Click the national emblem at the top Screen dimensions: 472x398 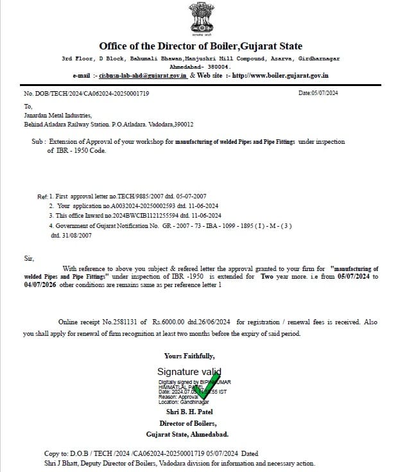pyautogui.click(x=200, y=19)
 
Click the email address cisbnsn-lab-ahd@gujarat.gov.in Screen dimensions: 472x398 pyautogui.click(x=143, y=75)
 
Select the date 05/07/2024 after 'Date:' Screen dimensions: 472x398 pyautogui.click(x=324, y=93)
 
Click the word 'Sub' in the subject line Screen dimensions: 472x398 pyautogui.click(x=36, y=141)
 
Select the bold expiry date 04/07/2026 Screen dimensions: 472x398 pyautogui.click(x=40, y=285)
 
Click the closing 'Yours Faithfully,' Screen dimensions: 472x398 pyautogui.click(x=189, y=356)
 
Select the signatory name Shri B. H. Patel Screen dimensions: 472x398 pyautogui.click(x=189, y=412)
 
